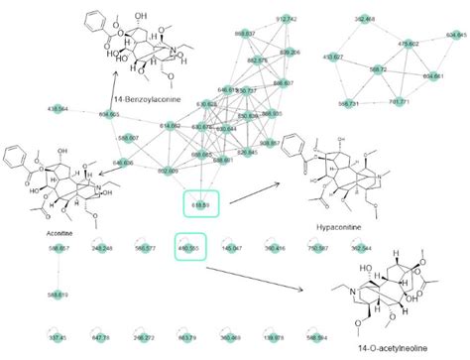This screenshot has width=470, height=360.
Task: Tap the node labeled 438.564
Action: pyautogui.click(x=58, y=107)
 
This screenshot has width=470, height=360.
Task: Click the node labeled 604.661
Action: pyautogui.click(x=432, y=75)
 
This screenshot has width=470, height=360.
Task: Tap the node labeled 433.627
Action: pyautogui.click(x=334, y=58)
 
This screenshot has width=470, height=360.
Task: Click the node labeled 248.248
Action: pyautogui.click(x=101, y=248)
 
